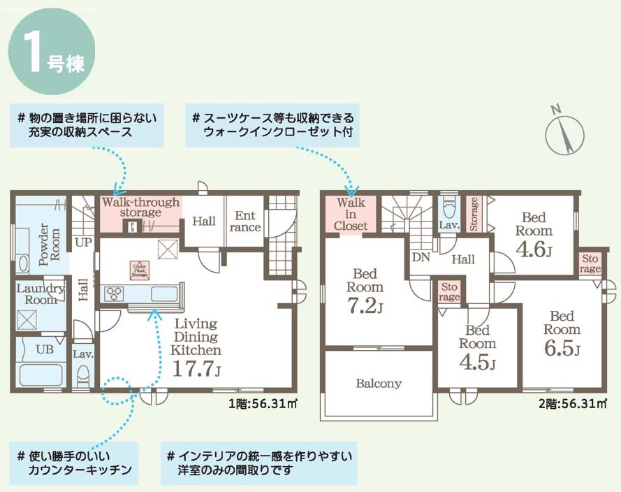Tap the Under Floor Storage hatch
tap(140, 270)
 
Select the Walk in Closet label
tap(351, 214)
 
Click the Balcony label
tap(379, 384)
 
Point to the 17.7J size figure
tap(196, 369)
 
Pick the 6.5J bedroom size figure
tap(562, 348)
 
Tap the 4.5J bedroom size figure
tap(477, 362)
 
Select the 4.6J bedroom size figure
tap(534, 249)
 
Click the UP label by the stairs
tap(83, 242)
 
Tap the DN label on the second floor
tap(421, 257)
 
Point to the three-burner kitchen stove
tap(114, 294)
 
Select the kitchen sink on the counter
tap(165, 294)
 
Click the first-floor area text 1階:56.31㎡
tap(263, 404)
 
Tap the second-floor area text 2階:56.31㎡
tap(573, 404)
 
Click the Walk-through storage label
tap(140, 207)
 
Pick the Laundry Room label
tap(41, 294)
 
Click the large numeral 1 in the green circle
tap(34, 51)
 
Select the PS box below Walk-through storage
tap(133, 226)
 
